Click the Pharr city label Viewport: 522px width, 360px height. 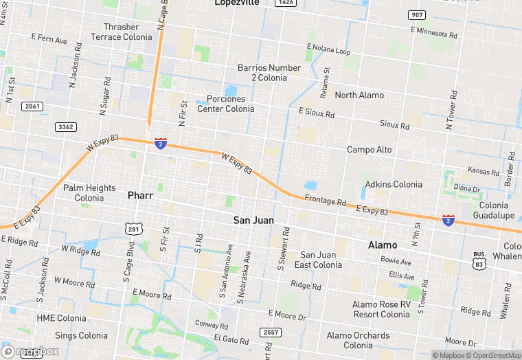tap(140, 195)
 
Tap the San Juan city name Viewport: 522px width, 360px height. tap(253, 221)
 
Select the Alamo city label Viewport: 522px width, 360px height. tap(383, 245)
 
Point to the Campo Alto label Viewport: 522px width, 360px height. tap(369, 150)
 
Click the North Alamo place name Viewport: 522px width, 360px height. tap(359, 95)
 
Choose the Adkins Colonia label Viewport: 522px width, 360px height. tap(393, 184)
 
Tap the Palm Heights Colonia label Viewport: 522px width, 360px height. tap(89, 192)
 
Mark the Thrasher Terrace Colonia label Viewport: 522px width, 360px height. tap(122, 32)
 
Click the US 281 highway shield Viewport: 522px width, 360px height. tap(133, 228)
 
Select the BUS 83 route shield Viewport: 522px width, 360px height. tap(479, 259)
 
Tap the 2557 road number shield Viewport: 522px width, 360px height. tap(271, 333)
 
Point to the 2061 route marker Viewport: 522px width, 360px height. tap(32, 106)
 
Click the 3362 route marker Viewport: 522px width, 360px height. tap(66, 127)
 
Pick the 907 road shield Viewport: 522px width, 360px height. tap(416, 15)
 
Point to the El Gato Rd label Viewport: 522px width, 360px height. tap(231, 339)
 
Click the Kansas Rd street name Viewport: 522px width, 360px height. tap(484, 171)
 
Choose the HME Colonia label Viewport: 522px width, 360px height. tap(62, 318)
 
